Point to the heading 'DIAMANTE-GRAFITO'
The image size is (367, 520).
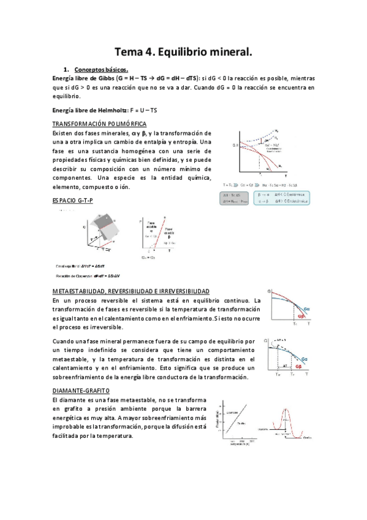tap(81, 391)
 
